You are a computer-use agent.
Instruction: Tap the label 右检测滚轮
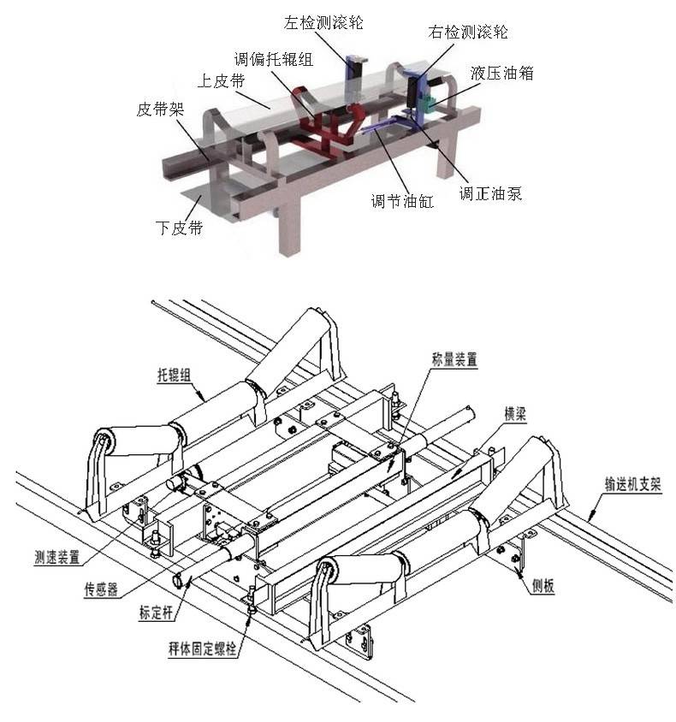[468, 33]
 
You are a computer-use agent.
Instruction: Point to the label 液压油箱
[501, 74]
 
